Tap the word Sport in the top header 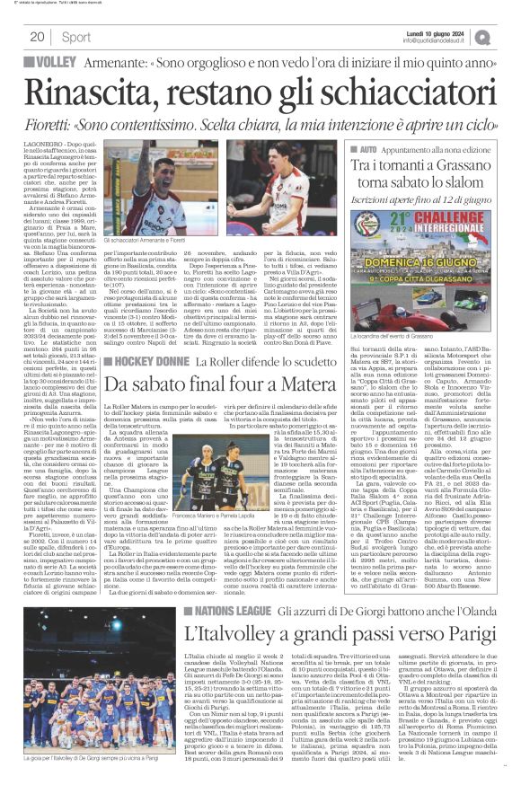pos(77,37)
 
